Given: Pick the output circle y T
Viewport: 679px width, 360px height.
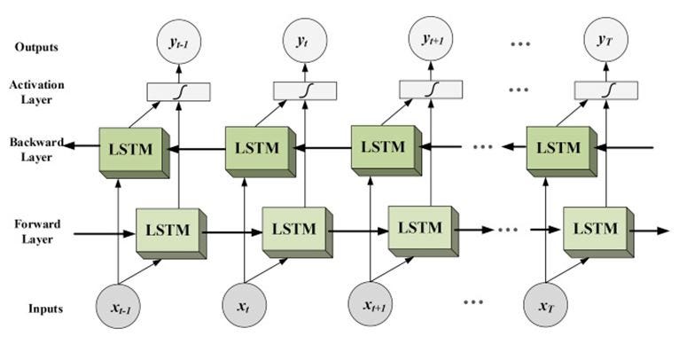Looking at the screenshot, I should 606,41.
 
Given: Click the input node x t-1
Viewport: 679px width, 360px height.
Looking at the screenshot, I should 118,306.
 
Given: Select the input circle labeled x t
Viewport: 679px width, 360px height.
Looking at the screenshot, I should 244,306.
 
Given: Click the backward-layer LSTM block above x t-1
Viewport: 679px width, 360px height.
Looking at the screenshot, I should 130,149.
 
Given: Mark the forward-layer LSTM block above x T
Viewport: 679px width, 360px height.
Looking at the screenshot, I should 595,227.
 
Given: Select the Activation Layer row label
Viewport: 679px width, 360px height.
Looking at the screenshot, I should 32,92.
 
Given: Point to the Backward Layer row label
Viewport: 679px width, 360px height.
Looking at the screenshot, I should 31,149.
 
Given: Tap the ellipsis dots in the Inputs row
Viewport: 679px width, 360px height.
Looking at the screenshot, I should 474,302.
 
